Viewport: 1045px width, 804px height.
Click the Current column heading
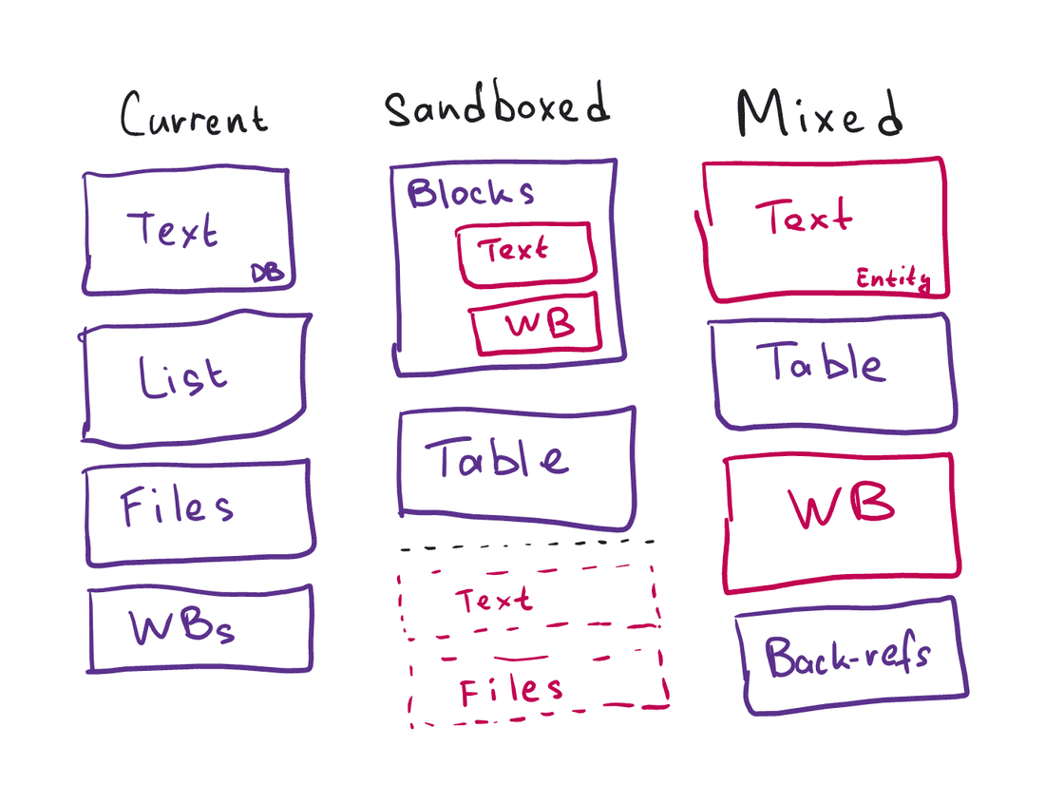(194, 116)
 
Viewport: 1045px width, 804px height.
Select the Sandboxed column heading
(496, 106)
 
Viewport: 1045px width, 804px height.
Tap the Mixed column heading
(818, 115)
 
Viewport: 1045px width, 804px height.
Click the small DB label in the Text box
(267, 274)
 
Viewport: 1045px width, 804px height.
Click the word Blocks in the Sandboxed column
(470, 193)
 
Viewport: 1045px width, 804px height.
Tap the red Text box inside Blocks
(525, 254)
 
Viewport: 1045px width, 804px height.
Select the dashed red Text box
(527, 600)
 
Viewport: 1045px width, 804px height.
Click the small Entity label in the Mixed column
(892, 279)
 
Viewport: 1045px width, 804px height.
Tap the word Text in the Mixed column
(804, 219)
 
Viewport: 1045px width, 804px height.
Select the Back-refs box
(850, 657)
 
